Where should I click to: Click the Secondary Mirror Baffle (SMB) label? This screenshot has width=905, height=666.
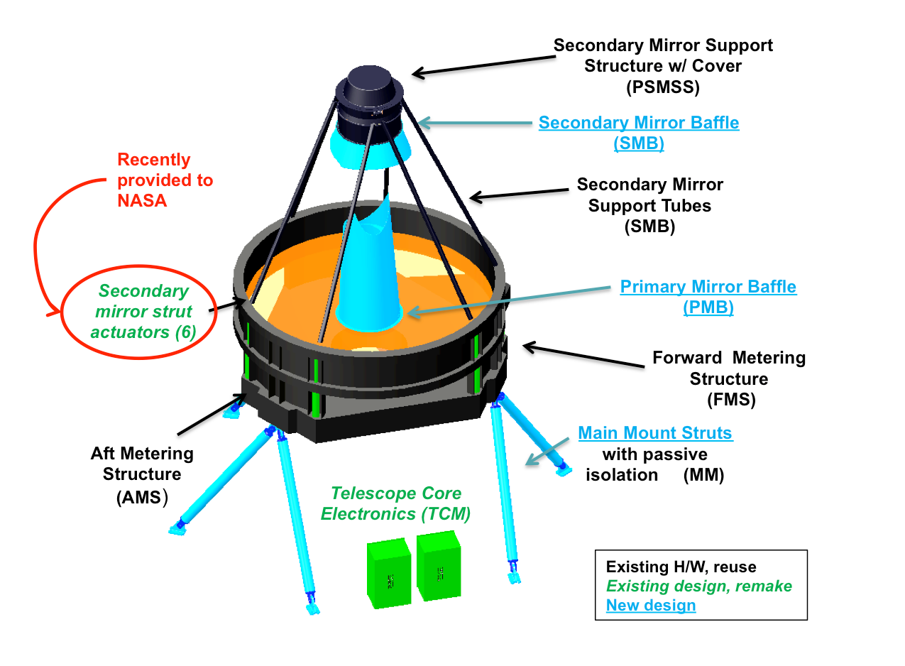pos(638,132)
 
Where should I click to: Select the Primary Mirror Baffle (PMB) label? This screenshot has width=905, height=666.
pos(708,297)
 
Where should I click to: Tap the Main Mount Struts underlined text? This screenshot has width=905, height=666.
pos(655,432)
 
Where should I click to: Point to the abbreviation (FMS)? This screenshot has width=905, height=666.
pos(731,400)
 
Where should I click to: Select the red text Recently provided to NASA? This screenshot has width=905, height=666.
pos(165,180)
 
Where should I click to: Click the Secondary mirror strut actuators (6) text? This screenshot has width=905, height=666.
pos(144,312)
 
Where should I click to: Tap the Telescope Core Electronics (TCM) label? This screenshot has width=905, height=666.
pos(396,503)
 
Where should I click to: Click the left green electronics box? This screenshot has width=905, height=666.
pos(389,573)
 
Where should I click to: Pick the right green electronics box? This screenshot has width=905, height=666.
pos(438,566)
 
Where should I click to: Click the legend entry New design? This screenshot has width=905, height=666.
pos(650,606)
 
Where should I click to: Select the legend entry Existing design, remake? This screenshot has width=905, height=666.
pos(698,586)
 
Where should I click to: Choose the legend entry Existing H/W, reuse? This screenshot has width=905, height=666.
pos(681,567)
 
